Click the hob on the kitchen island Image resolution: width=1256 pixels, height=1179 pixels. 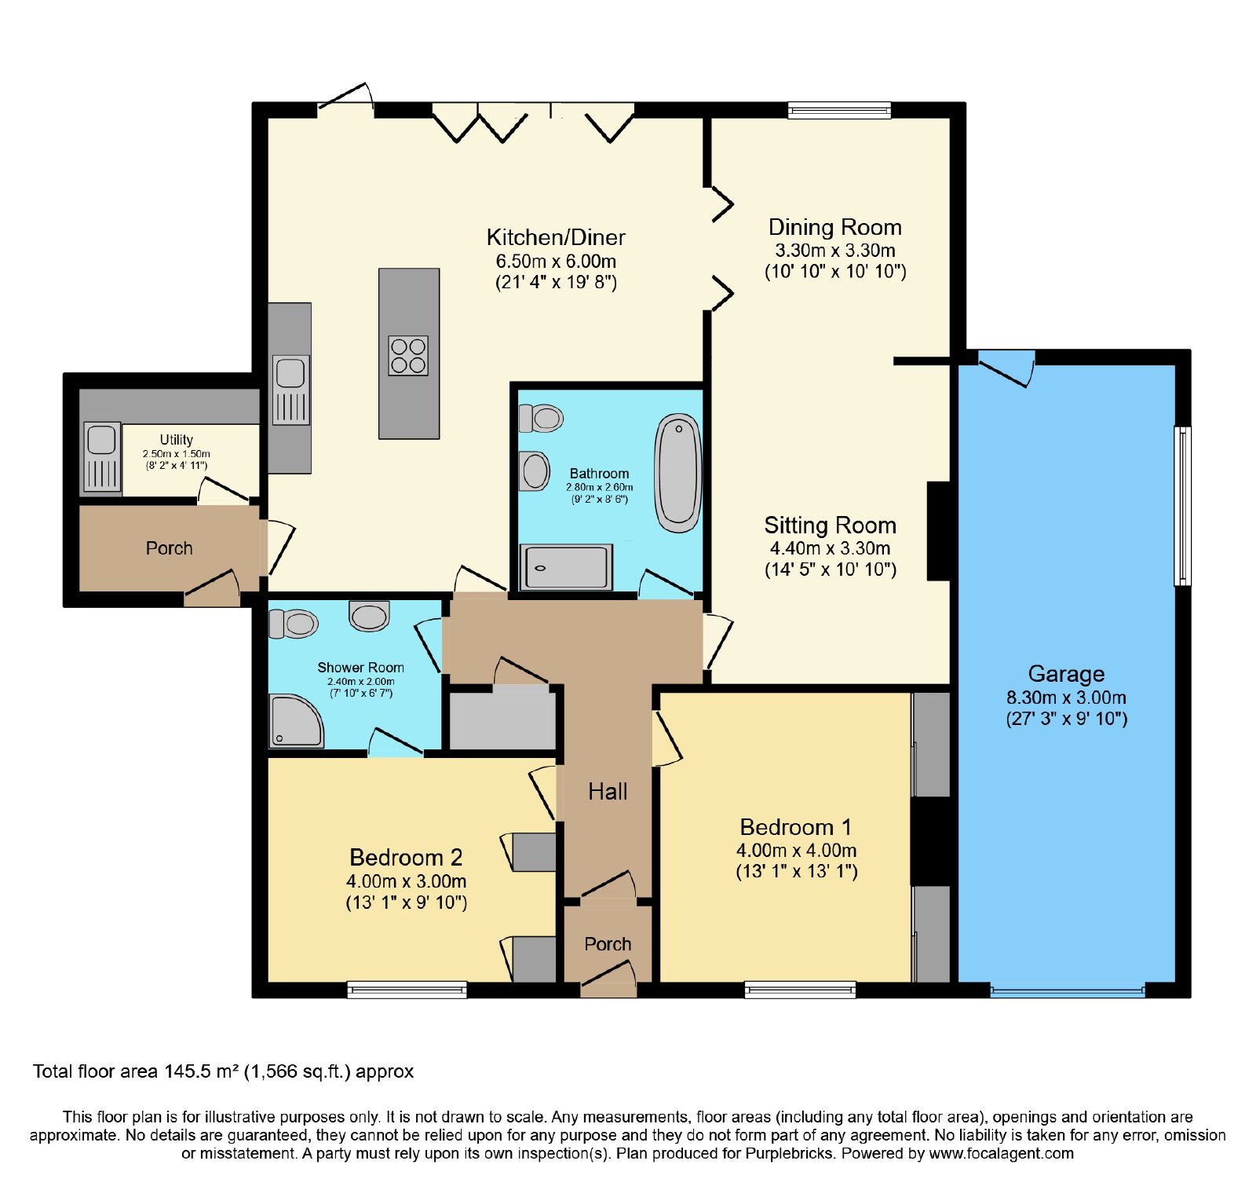408,355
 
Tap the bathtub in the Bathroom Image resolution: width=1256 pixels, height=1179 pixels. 678,473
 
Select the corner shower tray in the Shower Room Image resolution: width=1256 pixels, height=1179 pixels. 296,720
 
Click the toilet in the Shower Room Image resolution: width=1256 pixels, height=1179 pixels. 293,624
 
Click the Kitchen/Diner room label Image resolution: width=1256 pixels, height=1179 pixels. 556,237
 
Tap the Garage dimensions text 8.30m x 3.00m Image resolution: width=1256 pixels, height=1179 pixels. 1066,698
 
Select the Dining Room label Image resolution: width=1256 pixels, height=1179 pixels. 834,227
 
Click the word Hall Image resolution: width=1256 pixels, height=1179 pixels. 608,791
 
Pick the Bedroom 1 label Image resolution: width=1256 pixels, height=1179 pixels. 795,827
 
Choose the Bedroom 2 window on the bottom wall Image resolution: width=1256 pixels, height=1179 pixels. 407,990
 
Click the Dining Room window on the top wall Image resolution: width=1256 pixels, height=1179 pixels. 839,110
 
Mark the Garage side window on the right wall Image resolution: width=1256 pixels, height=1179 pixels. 1182,506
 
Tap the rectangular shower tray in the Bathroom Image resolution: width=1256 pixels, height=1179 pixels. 566,567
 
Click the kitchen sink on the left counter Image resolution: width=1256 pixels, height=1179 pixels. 290,390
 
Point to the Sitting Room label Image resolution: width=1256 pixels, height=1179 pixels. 831,525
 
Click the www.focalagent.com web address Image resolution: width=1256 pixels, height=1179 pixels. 1001,1153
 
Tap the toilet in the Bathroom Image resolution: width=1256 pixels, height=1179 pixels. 542,418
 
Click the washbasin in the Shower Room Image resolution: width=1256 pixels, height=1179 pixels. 369,616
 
